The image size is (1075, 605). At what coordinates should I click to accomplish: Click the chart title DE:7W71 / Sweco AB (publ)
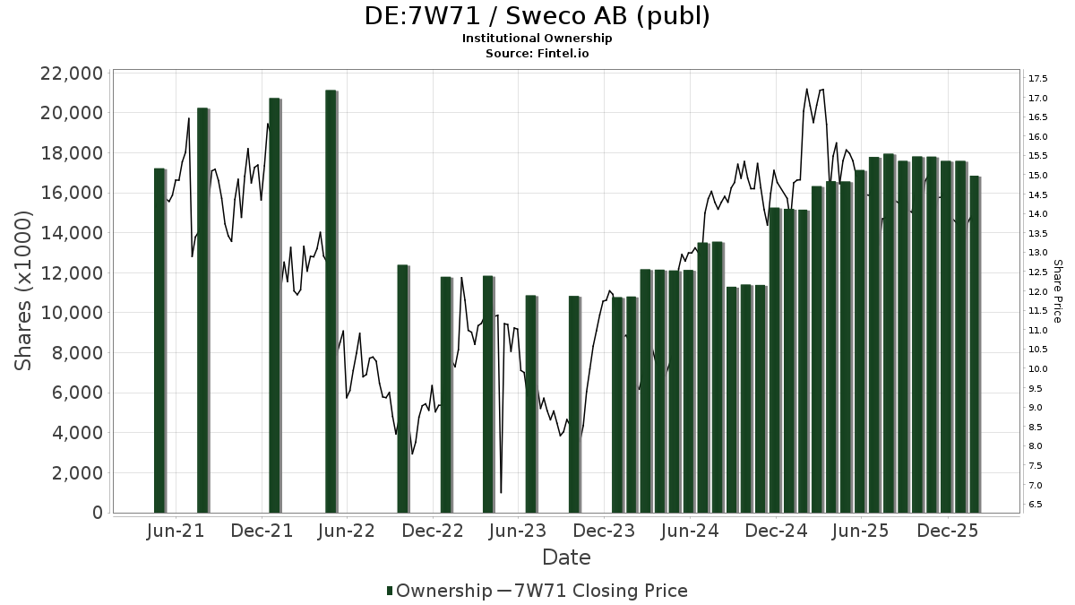tap(537, 16)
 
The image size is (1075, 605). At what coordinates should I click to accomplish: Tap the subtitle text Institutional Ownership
tap(537, 39)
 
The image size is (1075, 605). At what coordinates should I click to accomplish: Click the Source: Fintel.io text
tap(537, 53)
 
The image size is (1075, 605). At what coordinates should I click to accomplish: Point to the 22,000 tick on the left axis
tap(70, 73)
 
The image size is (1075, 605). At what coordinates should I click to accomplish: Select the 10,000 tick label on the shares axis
tap(70, 313)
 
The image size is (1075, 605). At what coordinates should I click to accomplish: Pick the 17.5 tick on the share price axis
tap(1039, 78)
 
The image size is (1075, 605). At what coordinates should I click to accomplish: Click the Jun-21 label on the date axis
tap(176, 531)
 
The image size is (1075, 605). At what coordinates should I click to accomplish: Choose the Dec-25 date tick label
tap(948, 531)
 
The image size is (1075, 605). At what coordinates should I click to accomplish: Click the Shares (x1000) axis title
tap(24, 290)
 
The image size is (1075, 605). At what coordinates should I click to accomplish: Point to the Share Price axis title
tap(1057, 290)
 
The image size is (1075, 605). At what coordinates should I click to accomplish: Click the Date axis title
tap(566, 557)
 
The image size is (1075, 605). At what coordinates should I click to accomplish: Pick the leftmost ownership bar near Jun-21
tap(159, 341)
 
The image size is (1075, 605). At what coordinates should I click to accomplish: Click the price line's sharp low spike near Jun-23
tap(501, 491)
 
